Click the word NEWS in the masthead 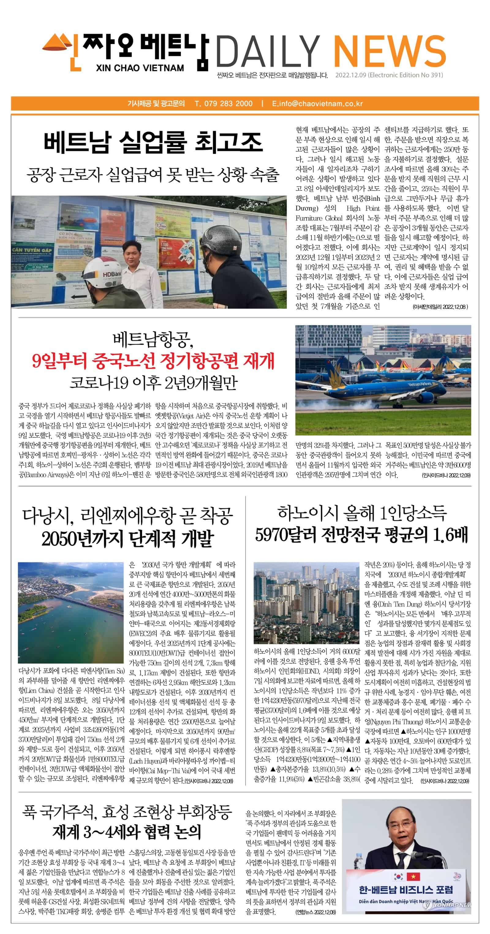(389, 51)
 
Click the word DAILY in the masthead (268, 51)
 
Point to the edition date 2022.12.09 (351, 75)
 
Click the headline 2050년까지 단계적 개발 (127, 538)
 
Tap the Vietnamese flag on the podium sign (413, 877)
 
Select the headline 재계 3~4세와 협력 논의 (127, 832)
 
